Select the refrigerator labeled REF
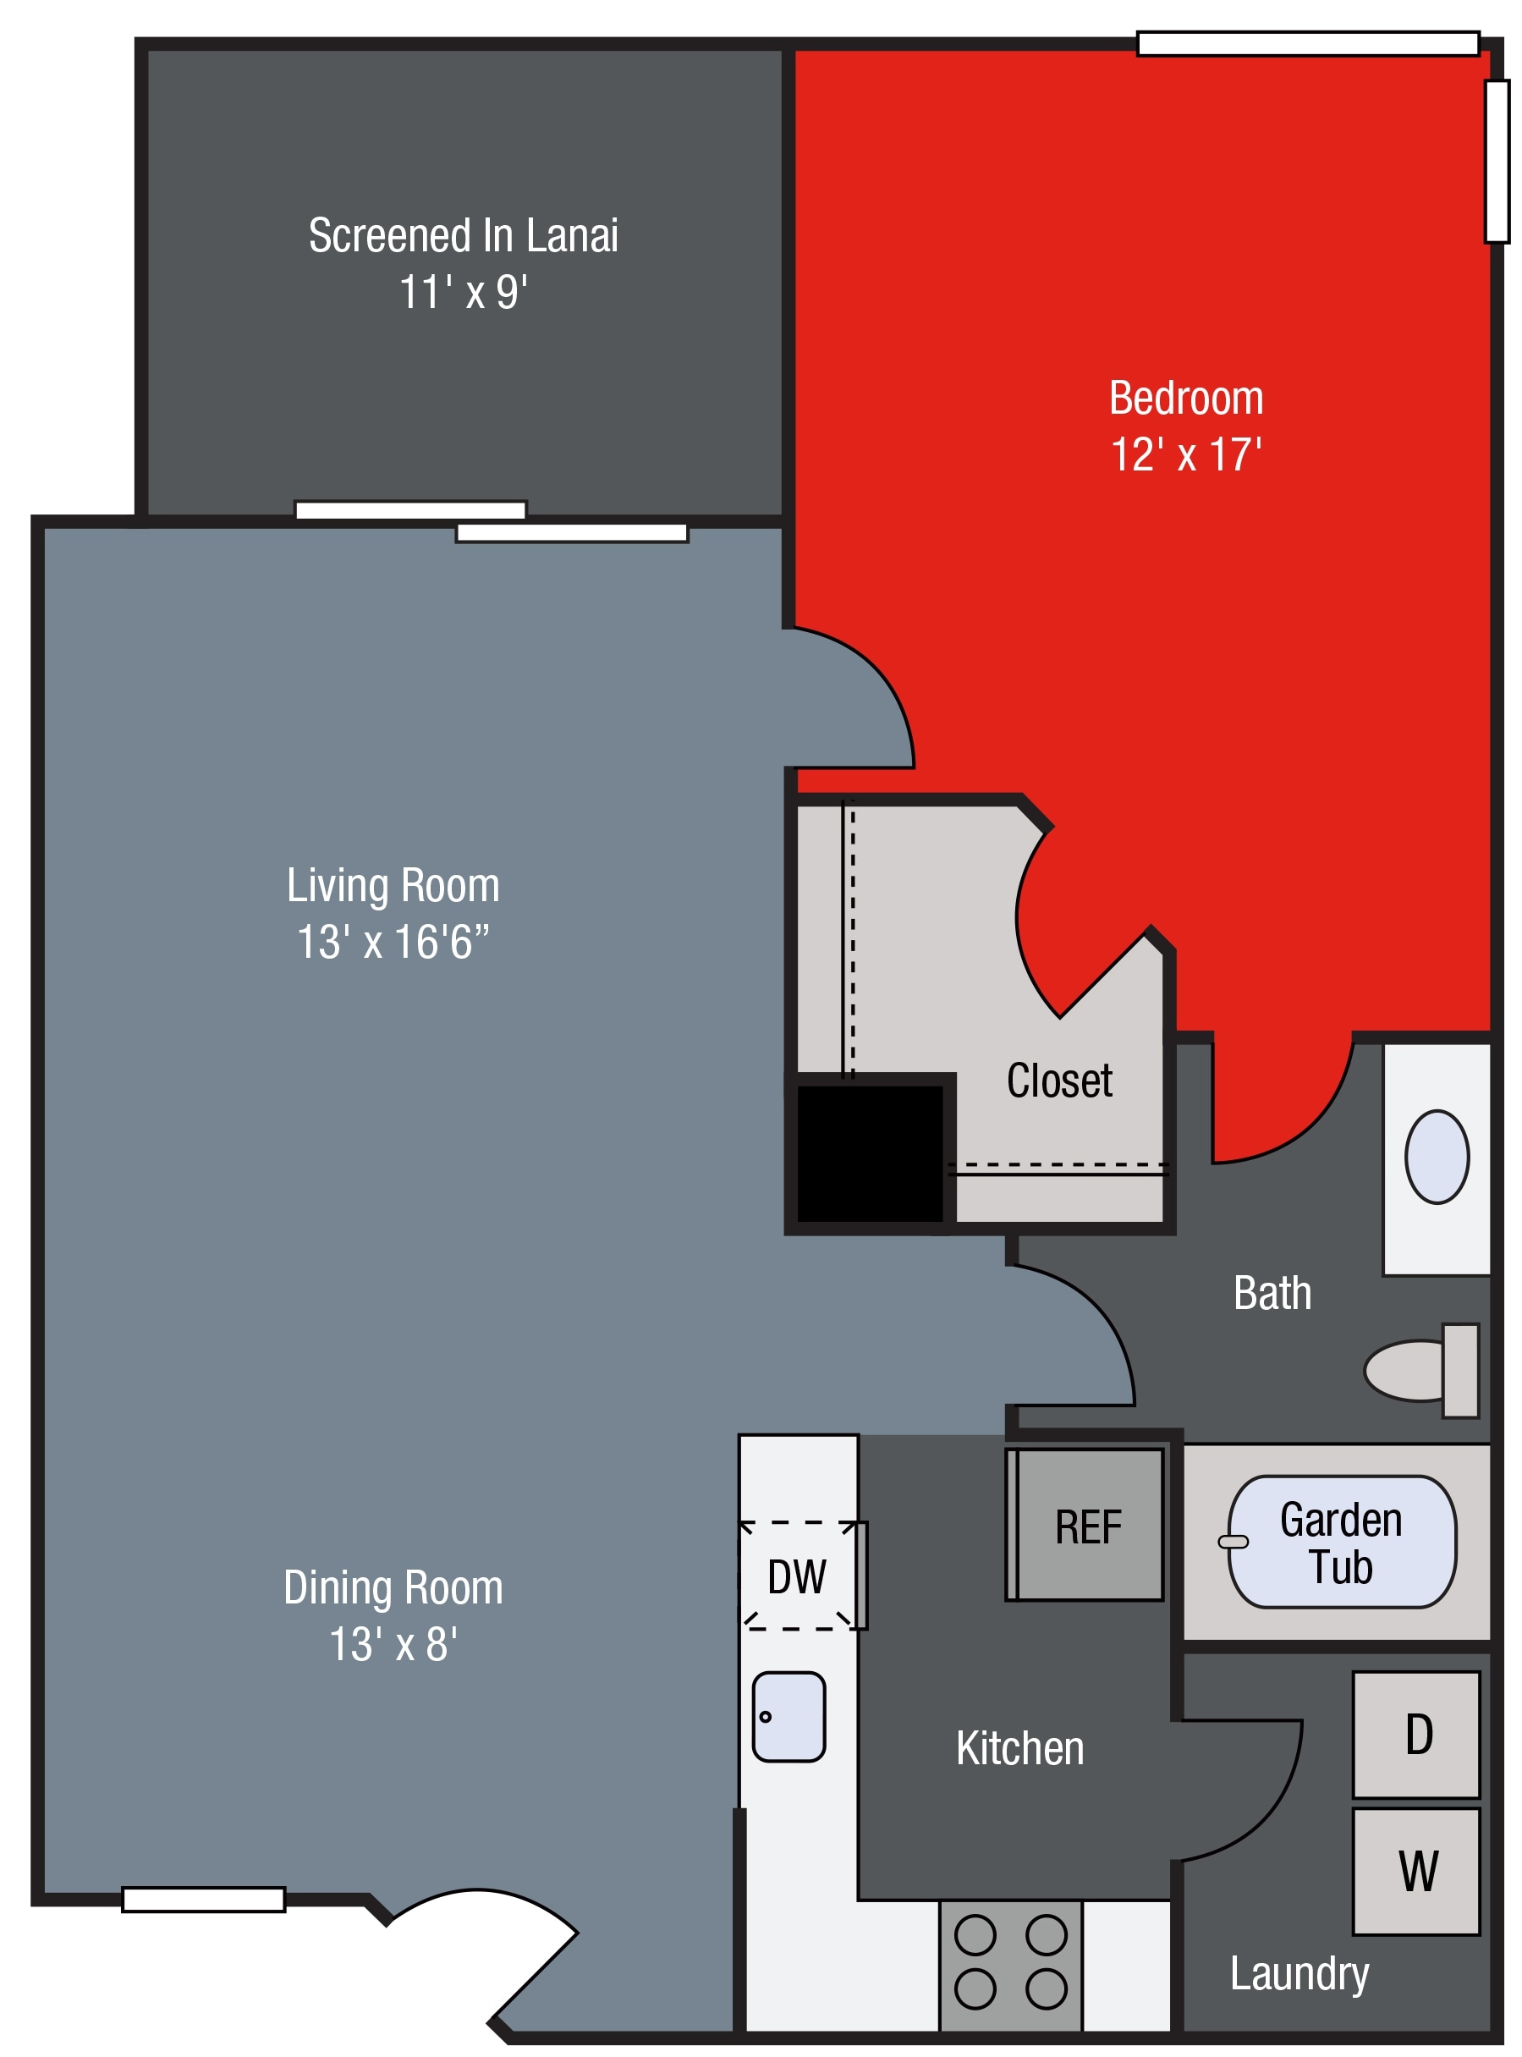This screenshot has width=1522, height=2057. coord(1085,1526)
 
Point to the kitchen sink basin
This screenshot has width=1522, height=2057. coord(788,1717)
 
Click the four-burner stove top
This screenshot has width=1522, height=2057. coord(1011,1966)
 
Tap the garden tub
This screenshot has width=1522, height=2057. coord(1342,1542)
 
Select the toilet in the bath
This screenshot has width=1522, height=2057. coord(1421,1371)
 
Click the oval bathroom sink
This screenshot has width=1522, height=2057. coord(1437,1157)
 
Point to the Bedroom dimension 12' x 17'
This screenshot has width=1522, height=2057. coord(1186,455)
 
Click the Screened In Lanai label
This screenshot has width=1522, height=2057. coord(464,236)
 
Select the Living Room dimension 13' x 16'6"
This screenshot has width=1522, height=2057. coord(393,943)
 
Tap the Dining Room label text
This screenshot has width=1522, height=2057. coord(393,1587)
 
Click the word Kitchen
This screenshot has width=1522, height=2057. coord(1020,1748)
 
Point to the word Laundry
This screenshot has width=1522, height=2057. coord(1299,1974)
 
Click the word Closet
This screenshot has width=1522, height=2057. coord(1059,1081)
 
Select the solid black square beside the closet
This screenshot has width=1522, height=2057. coord(870,1154)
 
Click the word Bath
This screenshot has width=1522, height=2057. coord(1272,1293)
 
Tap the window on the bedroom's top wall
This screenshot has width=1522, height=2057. coord(1308,43)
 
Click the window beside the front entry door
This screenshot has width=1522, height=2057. coord(204,1900)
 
